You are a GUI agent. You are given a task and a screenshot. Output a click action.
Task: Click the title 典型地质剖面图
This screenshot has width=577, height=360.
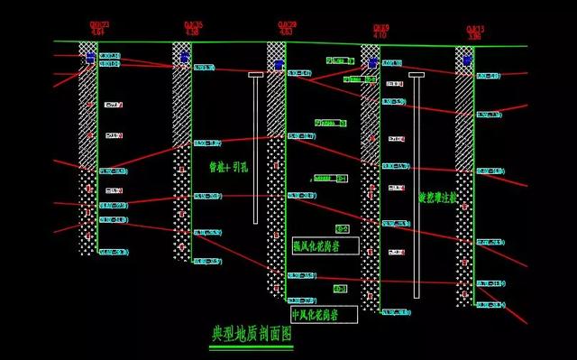click(x=252, y=334)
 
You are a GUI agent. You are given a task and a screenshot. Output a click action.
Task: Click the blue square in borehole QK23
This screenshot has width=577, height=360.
click(x=90, y=58)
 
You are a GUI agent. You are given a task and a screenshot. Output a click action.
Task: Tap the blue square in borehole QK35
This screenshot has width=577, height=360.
click(x=184, y=59)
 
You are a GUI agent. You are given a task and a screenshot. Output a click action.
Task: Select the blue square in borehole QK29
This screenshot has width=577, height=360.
click(x=279, y=65)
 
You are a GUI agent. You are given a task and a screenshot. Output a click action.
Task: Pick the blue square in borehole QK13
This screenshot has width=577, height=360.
click(x=467, y=60)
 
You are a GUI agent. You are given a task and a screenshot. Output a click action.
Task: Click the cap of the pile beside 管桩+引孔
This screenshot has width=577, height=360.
click(x=255, y=74)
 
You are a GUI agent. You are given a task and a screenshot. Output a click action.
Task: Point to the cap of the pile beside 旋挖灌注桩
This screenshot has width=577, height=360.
click(x=416, y=74)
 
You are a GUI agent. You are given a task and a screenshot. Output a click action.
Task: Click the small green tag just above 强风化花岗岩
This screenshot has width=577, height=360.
click(x=343, y=228)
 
